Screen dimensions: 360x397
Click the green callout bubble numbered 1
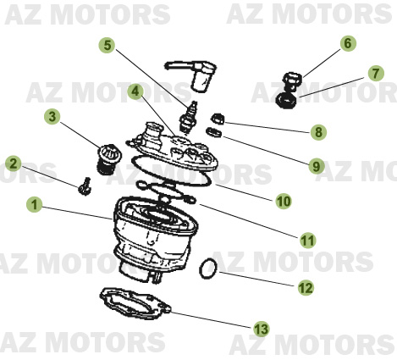(34, 204)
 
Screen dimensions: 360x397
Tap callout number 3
(53, 117)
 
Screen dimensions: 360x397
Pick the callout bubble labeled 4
(135, 91)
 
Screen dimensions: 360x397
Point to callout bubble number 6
(347, 43)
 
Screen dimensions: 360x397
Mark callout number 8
(317, 131)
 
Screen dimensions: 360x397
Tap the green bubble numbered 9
(316, 166)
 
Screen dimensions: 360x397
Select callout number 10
(283, 201)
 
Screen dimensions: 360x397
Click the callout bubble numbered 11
(307, 241)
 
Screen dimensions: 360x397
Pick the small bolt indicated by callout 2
(84, 185)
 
